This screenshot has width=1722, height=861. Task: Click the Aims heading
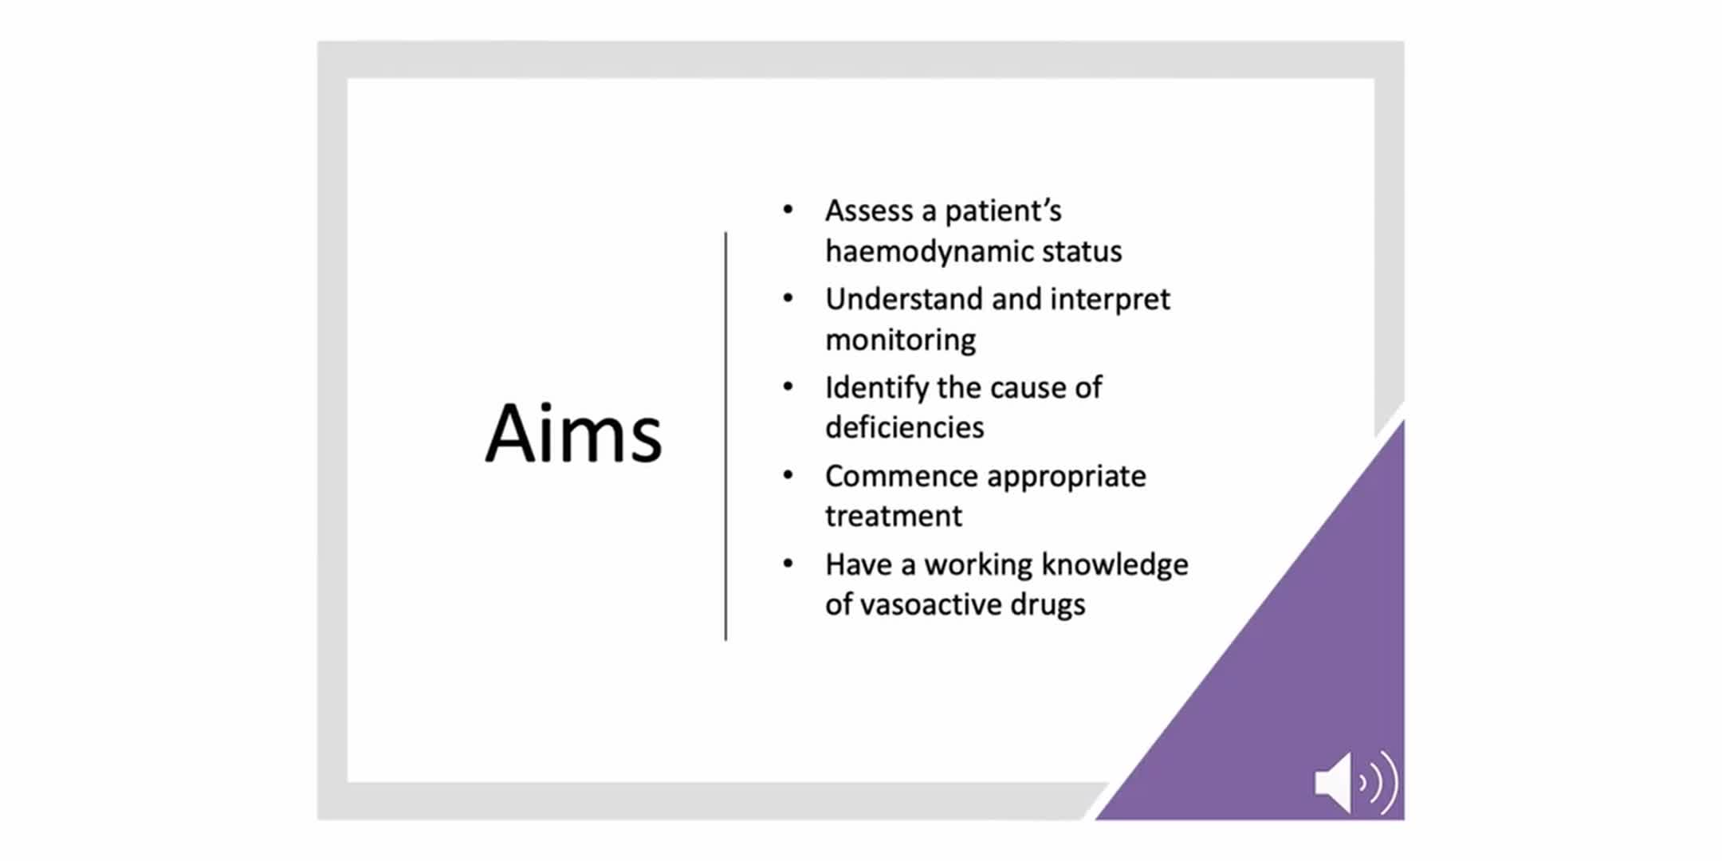point(573,433)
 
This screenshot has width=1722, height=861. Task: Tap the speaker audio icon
point(1356,782)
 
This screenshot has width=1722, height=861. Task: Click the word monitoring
point(900,340)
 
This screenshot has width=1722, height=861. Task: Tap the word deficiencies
point(905,428)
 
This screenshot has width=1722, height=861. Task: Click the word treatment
point(894,517)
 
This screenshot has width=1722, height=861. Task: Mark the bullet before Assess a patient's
point(788,210)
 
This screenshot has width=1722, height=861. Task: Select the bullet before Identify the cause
point(788,387)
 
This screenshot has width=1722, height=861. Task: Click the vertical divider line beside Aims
point(725,436)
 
